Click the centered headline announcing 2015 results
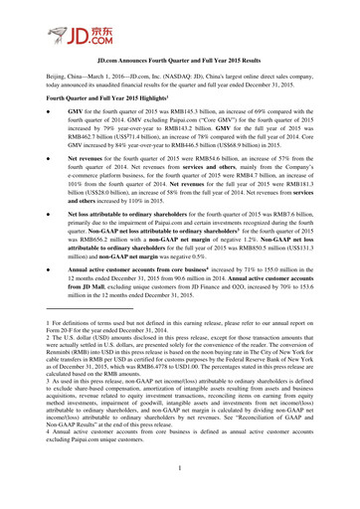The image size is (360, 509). pyautogui.click(x=179, y=88)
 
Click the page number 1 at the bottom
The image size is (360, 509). pyautogui.click(x=180, y=497)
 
